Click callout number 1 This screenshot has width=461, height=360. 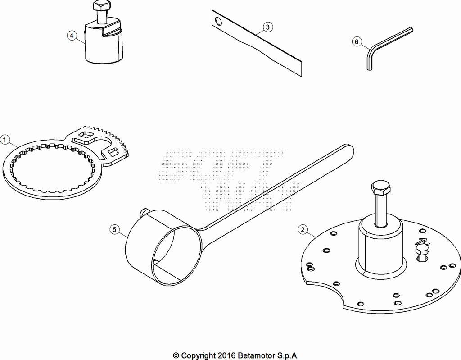coord(5,140)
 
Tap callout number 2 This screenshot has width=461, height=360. coord(303,229)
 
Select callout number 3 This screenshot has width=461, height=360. coord(267,27)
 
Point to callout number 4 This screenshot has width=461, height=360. coord(72,36)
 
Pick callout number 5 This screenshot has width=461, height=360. coord(115,229)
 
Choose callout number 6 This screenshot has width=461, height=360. coord(357,42)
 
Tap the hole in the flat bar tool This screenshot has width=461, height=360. coord(219,21)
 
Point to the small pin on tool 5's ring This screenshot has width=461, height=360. coord(145,212)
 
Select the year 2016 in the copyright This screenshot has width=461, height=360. coord(226,355)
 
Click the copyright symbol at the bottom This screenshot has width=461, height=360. coord(176,355)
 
